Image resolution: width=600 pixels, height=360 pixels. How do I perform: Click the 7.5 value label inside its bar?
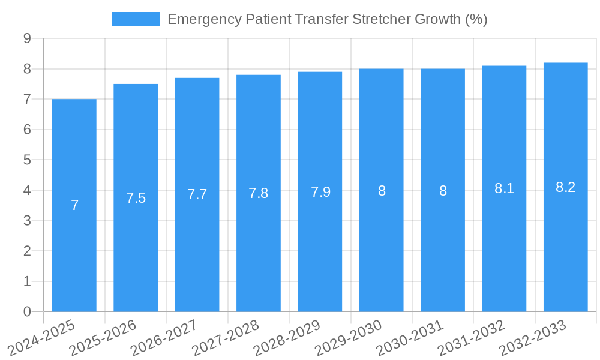tap(136, 198)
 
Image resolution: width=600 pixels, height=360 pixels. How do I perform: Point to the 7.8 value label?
tap(259, 193)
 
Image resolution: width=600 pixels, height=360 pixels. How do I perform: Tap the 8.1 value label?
tap(504, 188)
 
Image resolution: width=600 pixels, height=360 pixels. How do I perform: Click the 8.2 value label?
tap(565, 187)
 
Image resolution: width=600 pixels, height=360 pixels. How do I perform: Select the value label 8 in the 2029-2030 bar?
tap(382, 191)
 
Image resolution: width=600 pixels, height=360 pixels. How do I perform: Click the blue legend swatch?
tap(136, 19)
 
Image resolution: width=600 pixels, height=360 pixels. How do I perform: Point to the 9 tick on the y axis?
tap(27, 39)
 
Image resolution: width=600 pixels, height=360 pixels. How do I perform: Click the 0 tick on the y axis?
tap(27, 311)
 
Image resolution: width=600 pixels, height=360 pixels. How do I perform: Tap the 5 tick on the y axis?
tap(27, 160)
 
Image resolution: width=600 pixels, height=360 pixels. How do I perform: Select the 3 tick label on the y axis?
tap(27, 221)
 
